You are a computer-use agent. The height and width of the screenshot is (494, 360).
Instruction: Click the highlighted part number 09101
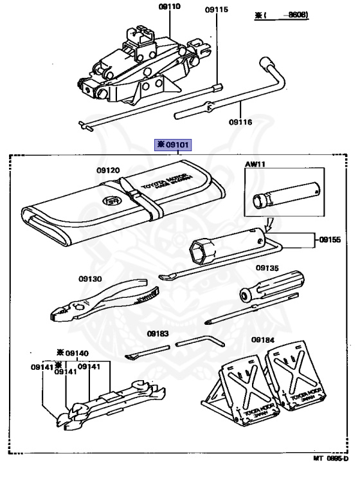tap(172, 145)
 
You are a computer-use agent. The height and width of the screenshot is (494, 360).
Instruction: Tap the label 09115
tap(217, 10)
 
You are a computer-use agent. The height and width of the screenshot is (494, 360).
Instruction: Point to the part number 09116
tap(240, 122)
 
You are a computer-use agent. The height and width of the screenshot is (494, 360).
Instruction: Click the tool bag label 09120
tap(109, 170)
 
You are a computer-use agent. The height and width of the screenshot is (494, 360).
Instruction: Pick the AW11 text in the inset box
tap(255, 165)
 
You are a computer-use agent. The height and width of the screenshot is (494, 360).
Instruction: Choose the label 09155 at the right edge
tap(332, 240)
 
